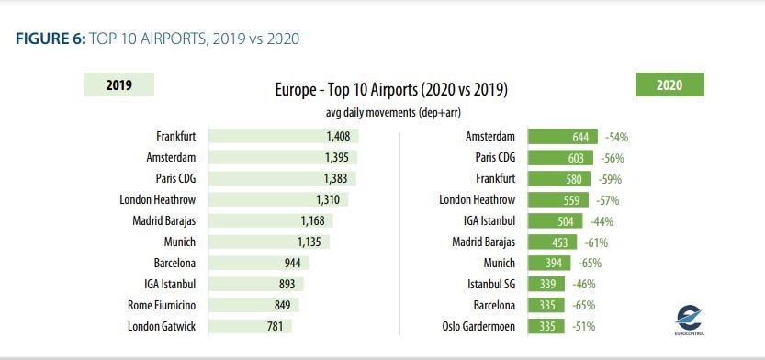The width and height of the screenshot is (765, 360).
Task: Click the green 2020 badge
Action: (x=669, y=85)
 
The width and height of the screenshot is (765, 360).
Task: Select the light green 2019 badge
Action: (x=118, y=85)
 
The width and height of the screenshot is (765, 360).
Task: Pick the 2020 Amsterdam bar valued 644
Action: (x=565, y=136)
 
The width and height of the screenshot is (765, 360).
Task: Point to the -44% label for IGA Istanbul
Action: (x=602, y=221)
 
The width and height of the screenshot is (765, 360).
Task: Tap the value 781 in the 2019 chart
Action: (x=275, y=325)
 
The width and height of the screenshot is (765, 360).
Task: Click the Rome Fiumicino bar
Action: (x=255, y=305)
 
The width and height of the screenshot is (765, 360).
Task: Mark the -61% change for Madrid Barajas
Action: (x=594, y=242)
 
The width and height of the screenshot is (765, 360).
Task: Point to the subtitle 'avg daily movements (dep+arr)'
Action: (x=391, y=112)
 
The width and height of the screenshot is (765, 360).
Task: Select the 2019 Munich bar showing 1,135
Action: (x=269, y=242)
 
